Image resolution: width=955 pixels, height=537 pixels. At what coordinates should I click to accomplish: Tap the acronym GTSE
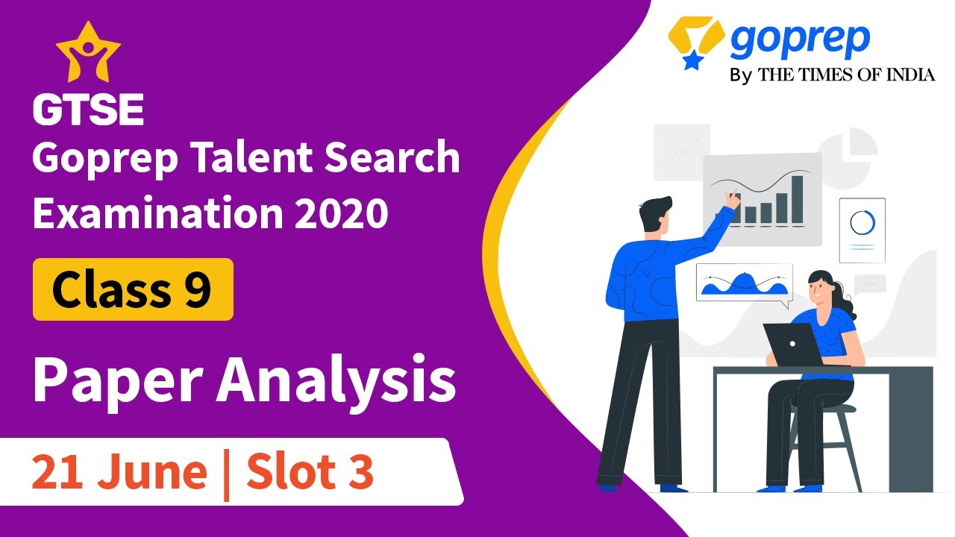[88, 110]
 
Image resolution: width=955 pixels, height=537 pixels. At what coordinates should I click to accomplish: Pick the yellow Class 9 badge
[133, 289]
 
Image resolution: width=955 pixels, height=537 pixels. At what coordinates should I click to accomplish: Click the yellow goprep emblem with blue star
[696, 41]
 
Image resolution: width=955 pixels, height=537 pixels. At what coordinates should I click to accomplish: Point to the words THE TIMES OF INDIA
[846, 75]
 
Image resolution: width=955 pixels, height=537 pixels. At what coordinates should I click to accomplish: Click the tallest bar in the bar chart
[797, 199]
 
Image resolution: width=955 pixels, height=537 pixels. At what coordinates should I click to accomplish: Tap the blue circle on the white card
[862, 222]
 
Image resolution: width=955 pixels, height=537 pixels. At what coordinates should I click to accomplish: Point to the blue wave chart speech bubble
[744, 283]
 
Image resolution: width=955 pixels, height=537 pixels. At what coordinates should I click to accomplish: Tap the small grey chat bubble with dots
[870, 283]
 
